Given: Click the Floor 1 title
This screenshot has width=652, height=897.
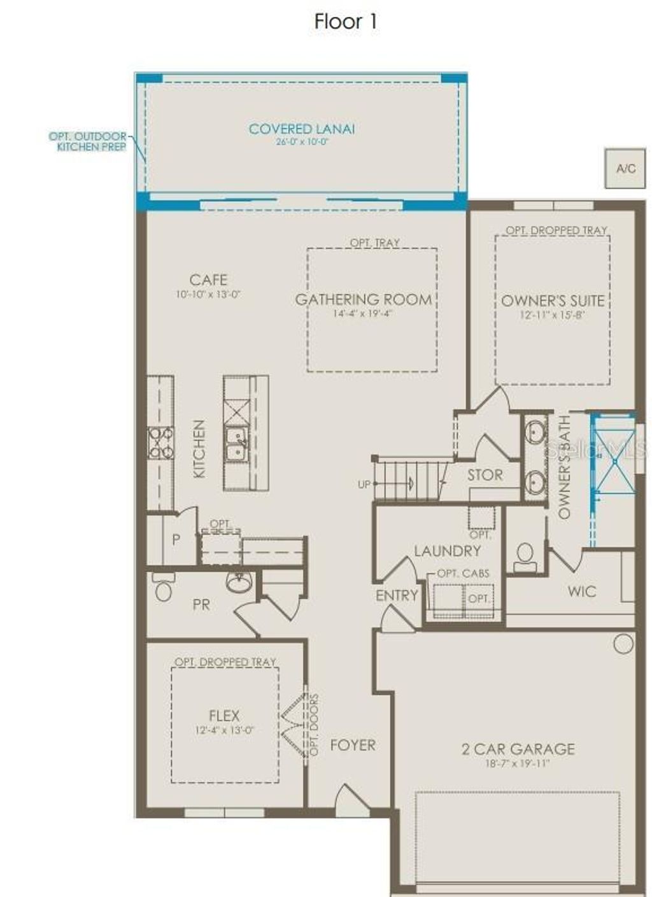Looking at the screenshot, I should [346, 22].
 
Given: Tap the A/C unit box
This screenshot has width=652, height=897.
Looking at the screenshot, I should [625, 168].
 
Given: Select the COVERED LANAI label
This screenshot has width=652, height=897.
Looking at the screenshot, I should [302, 129].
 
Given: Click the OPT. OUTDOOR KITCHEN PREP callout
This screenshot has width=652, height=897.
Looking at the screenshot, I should [88, 141].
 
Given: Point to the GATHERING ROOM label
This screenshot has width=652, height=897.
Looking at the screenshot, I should [364, 299].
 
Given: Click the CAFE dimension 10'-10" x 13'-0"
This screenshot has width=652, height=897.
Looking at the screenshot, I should [208, 295].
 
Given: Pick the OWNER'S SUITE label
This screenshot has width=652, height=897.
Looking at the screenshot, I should [553, 300].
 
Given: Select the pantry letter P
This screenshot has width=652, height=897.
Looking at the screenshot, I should [176, 540].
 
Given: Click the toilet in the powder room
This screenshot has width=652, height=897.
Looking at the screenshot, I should [164, 590].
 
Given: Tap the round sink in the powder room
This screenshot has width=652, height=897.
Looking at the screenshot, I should [240, 583].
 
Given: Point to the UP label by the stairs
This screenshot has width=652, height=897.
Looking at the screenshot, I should [364, 484].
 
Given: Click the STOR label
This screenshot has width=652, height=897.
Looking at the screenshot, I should [485, 475].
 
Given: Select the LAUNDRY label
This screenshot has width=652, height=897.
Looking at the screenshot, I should [447, 551].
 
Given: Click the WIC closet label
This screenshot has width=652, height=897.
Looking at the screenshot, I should [582, 591].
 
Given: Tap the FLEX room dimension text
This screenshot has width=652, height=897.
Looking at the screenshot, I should [224, 730].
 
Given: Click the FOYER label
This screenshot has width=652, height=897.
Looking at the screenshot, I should [353, 745].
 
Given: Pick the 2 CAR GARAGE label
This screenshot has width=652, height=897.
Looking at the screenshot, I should [518, 749].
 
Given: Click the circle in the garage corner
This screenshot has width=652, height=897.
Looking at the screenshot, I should [623, 644].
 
